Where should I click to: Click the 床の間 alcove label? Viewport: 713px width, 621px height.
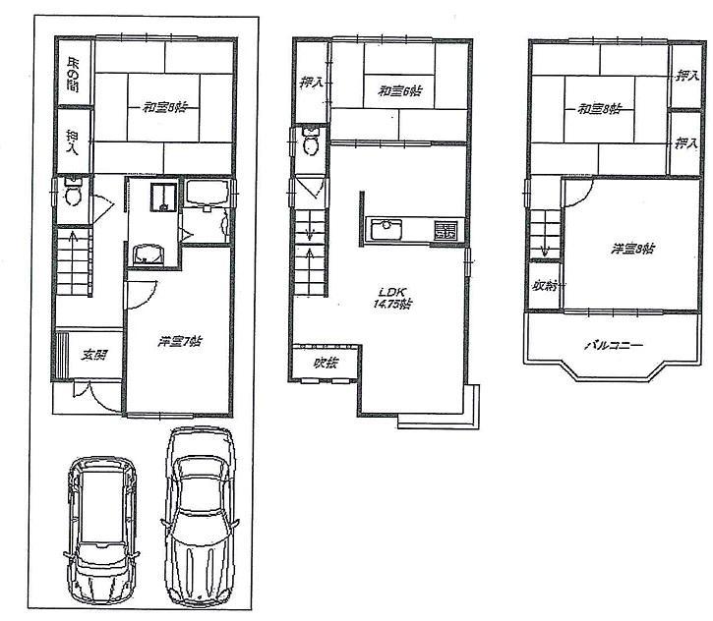73,76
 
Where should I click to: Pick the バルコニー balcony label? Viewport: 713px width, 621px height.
613,345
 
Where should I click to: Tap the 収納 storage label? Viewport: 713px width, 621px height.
546,286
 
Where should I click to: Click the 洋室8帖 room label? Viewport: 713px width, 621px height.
633,249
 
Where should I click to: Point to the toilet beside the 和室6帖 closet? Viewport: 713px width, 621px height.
312,144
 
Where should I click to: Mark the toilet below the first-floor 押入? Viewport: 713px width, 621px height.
72,195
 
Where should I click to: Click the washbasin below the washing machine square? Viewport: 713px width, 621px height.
149,253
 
